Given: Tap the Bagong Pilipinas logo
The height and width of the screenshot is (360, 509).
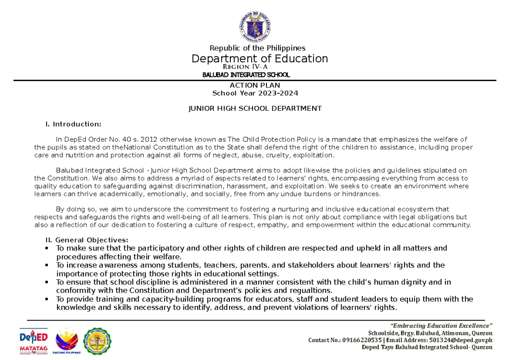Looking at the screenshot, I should pos(67,341).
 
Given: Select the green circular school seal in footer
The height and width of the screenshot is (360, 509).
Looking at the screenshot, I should pos(99,341).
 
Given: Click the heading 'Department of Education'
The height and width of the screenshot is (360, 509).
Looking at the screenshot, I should pos(260,58).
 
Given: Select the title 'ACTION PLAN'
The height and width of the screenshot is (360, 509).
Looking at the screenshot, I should pos(255,85).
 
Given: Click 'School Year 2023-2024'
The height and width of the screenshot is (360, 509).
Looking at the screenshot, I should pos(255,93).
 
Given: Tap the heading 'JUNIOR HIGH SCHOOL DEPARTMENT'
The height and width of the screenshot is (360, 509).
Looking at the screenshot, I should pos(255,109).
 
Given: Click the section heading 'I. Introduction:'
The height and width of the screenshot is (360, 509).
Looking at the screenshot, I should pos(73,124).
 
